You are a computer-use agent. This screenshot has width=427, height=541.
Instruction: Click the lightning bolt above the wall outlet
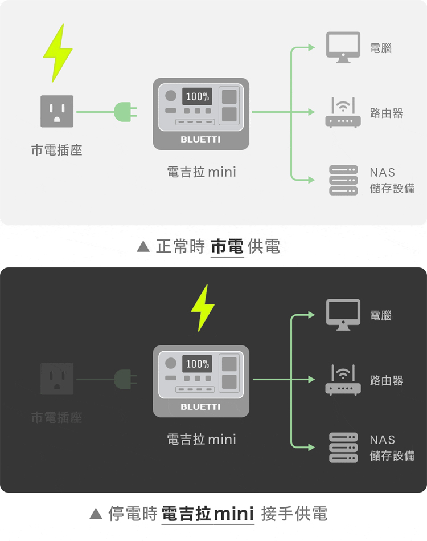tap(58, 54)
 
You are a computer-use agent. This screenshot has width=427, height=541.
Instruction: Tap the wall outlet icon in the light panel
tap(57, 111)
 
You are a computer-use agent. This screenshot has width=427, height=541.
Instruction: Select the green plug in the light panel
tap(125, 112)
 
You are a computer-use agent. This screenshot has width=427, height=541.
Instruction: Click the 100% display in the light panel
tap(197, 96)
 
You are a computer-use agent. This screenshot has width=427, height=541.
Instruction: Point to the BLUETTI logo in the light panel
tap(200, 140)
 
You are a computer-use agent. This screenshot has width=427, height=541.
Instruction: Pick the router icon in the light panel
tap(343, 112)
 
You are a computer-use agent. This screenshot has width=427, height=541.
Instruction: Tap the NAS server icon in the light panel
tap(343, 180)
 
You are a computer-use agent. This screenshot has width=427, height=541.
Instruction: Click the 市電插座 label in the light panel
tap(57, 150)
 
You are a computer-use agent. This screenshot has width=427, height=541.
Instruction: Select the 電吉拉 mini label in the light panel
tap(202, 172)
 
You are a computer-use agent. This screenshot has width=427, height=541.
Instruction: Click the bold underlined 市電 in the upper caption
tap(227, 247)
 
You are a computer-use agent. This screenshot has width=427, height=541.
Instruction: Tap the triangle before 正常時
tap(143, 246)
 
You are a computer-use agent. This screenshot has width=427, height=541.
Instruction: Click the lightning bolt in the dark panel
tap(203, 308)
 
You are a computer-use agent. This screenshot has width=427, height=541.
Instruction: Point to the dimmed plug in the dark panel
tap(125, 379)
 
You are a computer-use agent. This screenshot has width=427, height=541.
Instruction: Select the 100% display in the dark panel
tap(197, 364)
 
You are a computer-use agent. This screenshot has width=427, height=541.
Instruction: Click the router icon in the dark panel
tap(343, 380)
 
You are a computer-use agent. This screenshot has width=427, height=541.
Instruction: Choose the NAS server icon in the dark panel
tap(343, 448)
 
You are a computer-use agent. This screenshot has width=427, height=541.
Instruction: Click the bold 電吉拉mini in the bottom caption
tap(207, 514)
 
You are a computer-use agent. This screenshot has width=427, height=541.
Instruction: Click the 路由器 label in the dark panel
tap(387, 381)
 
